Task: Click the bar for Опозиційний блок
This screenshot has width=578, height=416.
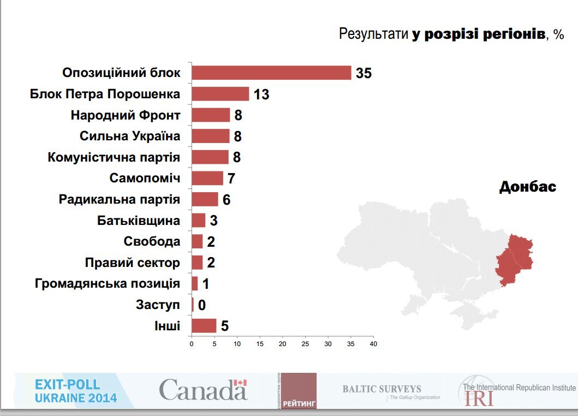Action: point(271,73)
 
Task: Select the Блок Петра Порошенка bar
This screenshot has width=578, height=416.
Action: point(220,94)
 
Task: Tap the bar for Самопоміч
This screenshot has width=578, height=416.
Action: point(207,178)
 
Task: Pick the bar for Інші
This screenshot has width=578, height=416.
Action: point(204,326)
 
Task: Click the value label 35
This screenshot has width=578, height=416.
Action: point(364,73)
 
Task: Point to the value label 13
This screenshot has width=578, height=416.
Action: point(261,94)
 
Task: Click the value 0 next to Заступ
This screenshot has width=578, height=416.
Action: point(201,305)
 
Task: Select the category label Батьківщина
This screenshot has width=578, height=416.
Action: point(139,221)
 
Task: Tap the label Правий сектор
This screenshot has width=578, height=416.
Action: point(133,263)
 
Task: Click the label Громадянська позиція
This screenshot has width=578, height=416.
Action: point(107,284)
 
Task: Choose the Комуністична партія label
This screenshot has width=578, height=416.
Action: point(114,157)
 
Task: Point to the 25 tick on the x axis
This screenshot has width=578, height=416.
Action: point(305,344)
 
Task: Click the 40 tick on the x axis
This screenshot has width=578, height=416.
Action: point(373,344)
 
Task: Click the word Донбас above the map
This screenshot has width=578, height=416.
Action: point(527,187)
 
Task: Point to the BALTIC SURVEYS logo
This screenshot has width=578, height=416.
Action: point(382,390)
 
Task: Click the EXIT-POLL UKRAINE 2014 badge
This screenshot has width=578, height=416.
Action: point(75,391)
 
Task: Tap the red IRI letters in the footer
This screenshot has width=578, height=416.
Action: point(479,399)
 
